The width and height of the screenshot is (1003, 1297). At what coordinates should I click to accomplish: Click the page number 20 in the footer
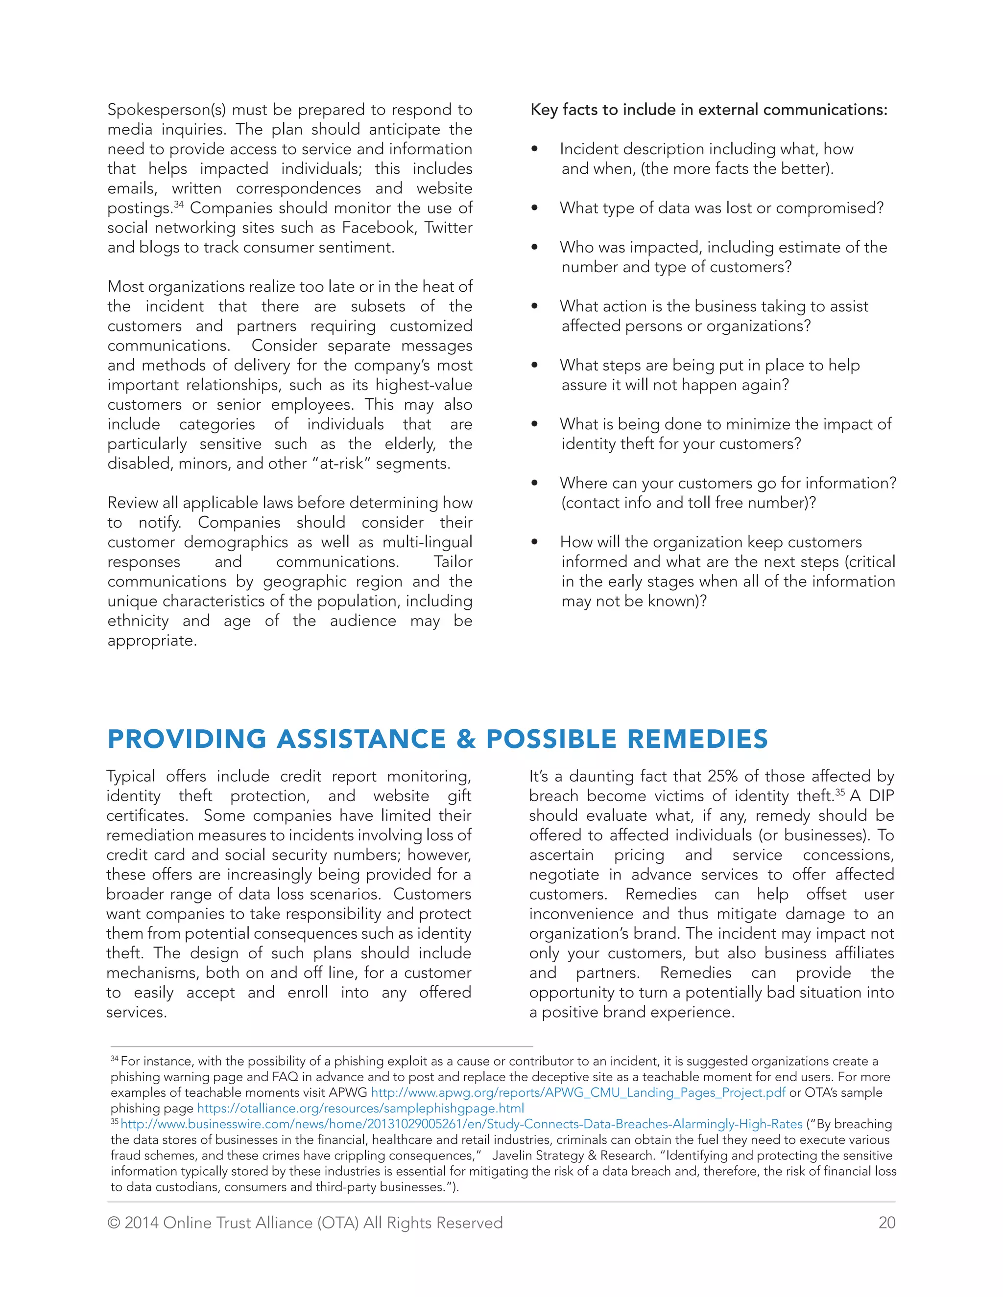tap(886, 1223)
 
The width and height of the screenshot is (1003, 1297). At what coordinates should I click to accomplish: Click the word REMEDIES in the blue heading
tap(697, 740)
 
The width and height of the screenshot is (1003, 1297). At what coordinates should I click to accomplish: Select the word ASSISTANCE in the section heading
tap(360, 740)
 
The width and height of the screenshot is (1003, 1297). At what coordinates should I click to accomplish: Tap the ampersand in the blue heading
tap(466, 740)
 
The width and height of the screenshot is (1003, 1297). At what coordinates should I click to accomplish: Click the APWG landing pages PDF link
tap(577, 1093)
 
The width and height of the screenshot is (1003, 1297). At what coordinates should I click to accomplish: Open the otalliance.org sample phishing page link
tap(360, 1108)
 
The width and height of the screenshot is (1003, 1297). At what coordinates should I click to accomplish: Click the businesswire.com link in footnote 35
tap(461, 1124)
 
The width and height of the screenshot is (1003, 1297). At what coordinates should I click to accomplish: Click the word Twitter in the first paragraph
tap(448, 228)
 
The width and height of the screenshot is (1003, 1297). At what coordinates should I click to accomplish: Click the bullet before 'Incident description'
tap(534, 149)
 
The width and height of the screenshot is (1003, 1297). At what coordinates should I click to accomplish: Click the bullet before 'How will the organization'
tap(534, 542)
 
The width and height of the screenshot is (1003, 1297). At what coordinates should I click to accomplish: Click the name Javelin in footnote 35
tap(513, 1156)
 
